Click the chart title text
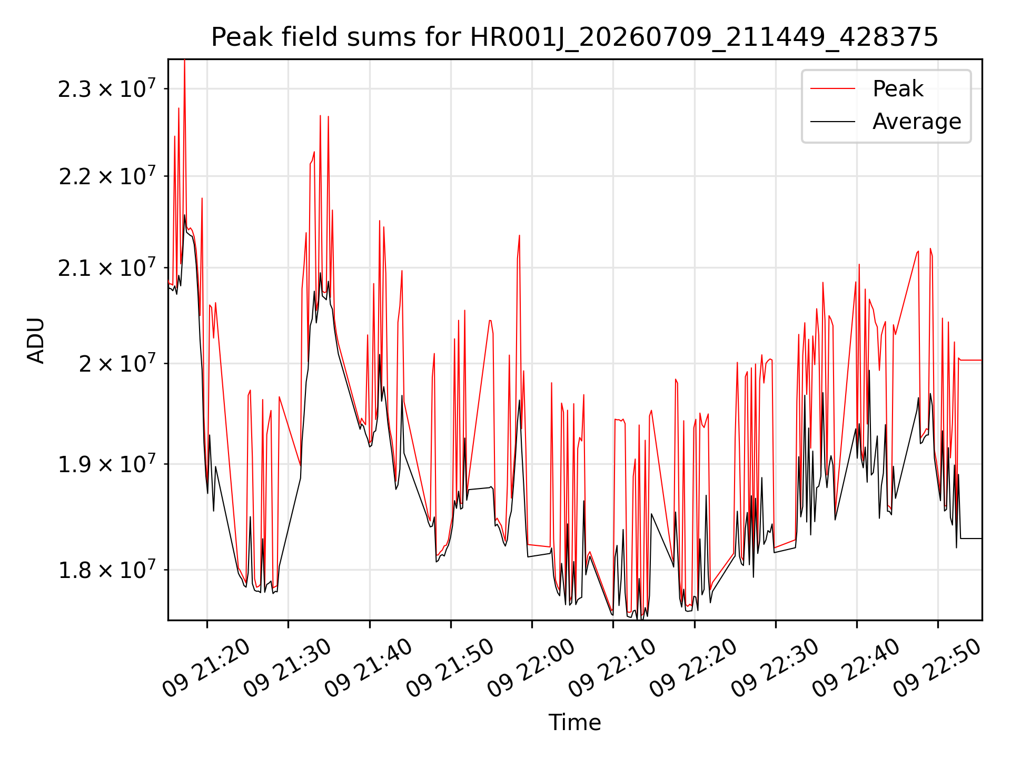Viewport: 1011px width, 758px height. (574, 37)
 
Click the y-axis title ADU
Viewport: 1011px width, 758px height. (36, 340)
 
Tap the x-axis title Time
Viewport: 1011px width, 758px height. (574, 722)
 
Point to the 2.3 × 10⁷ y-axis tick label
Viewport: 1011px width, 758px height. (107, 88)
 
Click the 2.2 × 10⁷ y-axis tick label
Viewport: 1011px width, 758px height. (107, 176)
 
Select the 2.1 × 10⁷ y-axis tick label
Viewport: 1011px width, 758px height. (107, 267)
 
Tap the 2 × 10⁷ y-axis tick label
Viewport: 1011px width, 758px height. (117, 363)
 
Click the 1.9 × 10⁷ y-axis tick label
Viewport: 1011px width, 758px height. (107, 464)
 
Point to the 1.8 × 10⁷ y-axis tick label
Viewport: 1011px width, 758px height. (107, 570)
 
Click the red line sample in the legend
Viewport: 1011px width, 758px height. (832, 89)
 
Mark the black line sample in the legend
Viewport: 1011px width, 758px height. (832, 122)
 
